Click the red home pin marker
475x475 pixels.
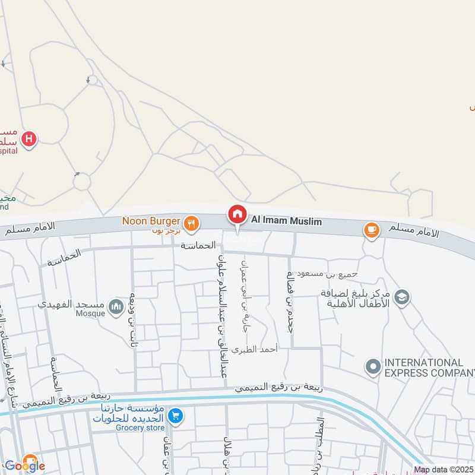237,215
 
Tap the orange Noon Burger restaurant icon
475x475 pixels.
191,223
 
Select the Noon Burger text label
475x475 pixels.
151,221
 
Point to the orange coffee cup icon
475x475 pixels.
372,230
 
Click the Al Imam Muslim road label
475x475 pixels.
286,221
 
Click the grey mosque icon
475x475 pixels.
118,306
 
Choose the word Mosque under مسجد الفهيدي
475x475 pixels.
91,313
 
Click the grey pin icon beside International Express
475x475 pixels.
373,368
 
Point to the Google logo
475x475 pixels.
25,465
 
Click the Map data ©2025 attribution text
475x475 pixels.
444,470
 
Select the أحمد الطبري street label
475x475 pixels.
255,350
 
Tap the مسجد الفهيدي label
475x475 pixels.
71,304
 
